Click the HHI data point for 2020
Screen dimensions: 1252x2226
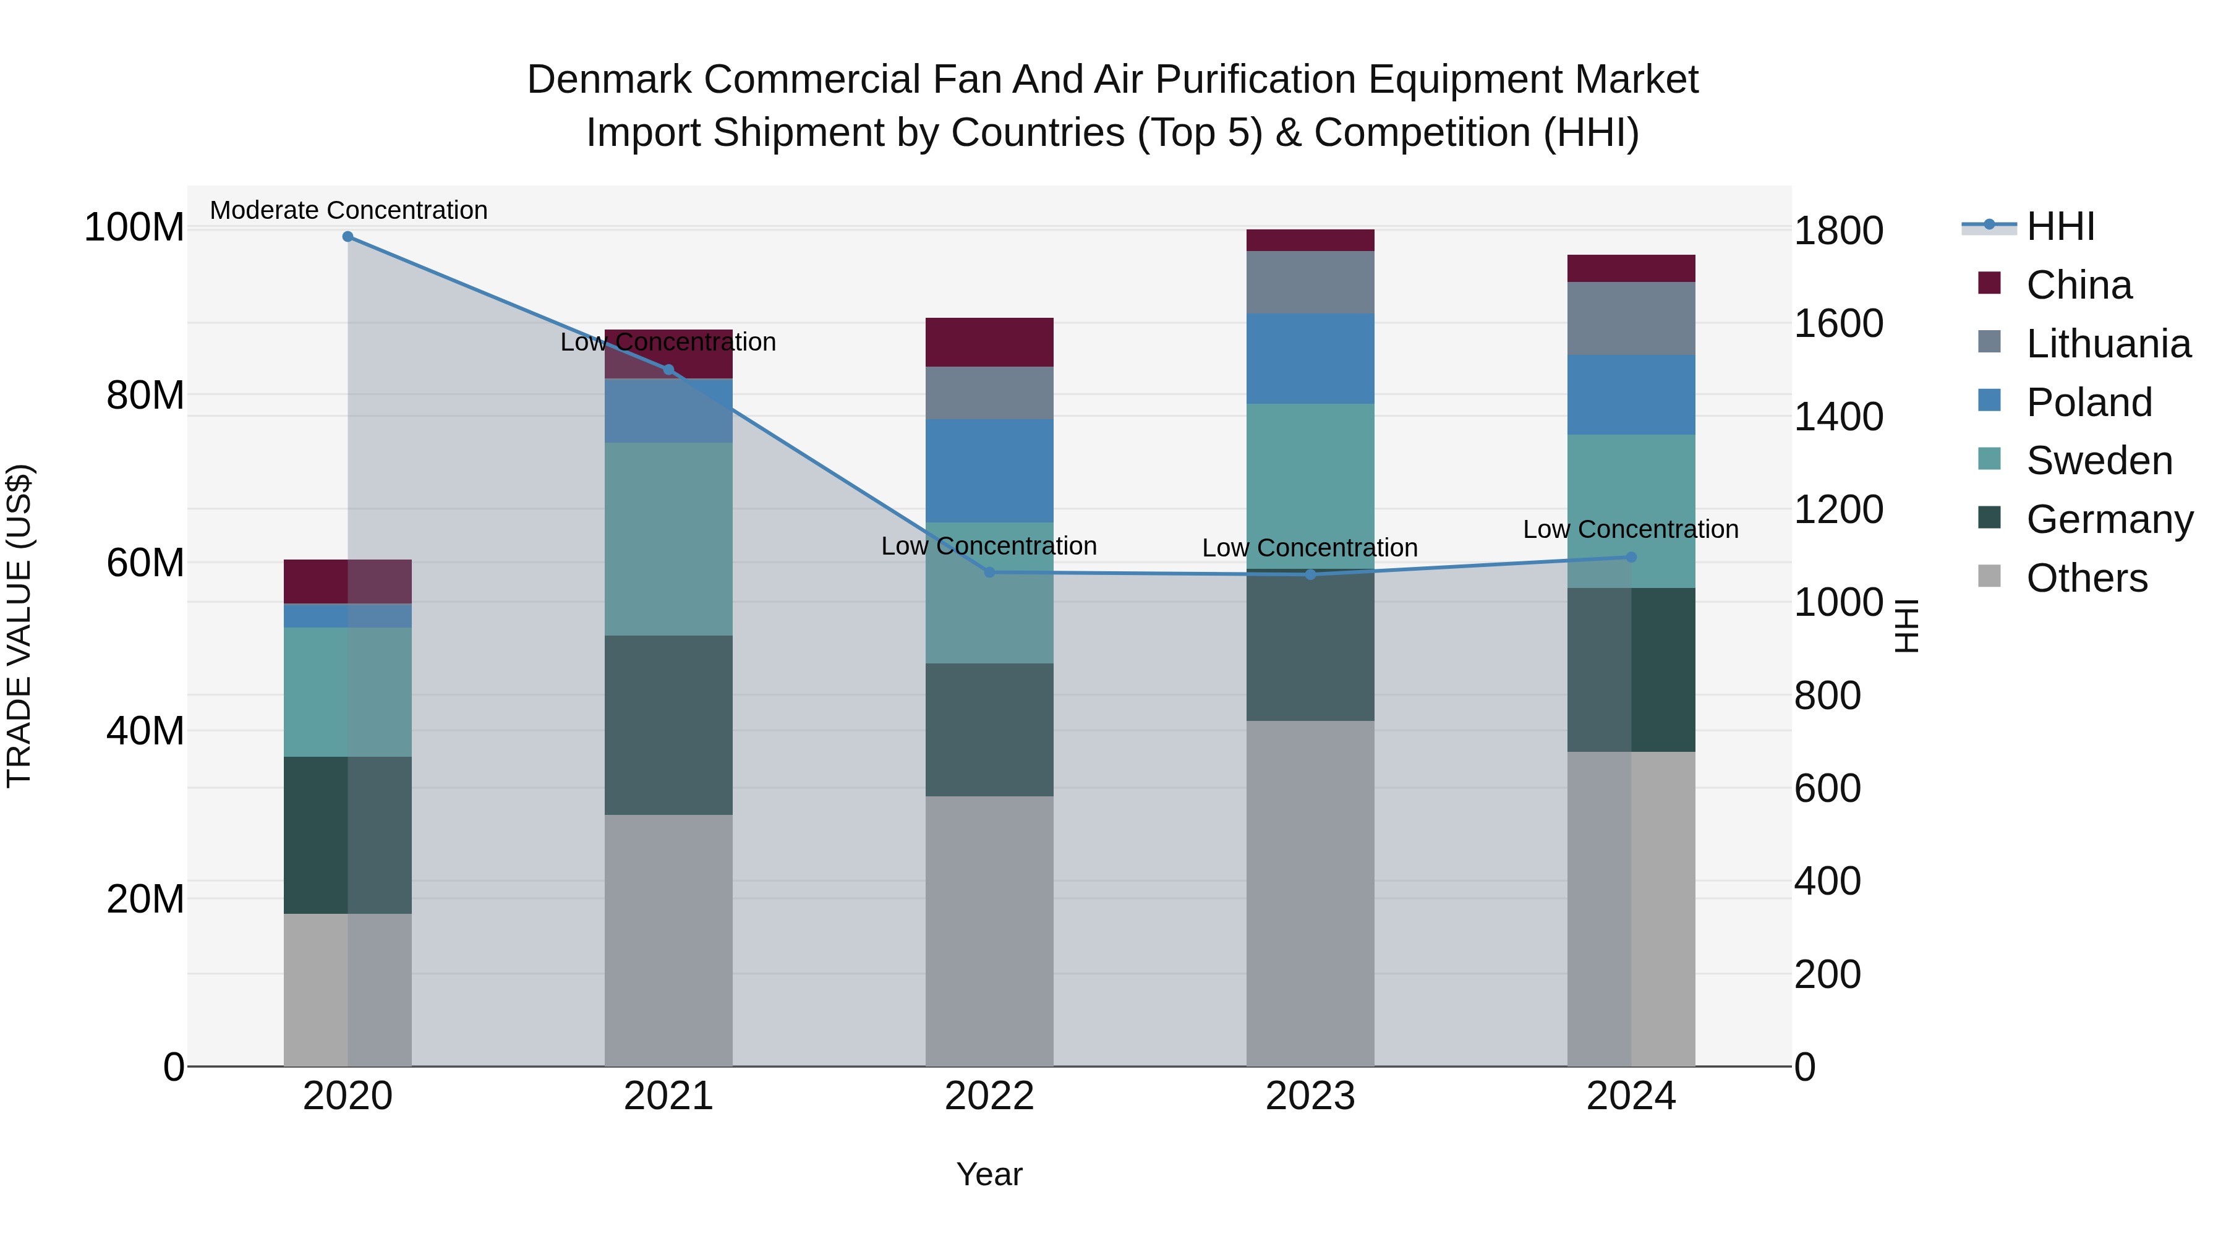348,237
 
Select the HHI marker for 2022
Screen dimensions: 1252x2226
989,572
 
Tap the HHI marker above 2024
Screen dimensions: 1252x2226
1631,557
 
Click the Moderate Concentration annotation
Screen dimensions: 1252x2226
348,210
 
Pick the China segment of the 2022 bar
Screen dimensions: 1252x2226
989,342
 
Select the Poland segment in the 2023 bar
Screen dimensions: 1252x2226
1310,359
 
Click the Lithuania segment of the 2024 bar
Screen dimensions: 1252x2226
1631,318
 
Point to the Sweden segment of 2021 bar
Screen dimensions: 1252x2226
668,539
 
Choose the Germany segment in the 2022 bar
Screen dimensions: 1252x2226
989,730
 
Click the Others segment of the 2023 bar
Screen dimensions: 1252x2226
1310,893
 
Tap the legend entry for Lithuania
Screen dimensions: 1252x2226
2109,344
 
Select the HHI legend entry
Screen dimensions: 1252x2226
2060,226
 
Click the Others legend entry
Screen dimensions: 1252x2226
2086,578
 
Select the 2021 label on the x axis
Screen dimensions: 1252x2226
668,1096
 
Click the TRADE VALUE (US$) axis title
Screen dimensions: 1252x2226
19,626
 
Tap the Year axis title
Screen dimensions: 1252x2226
989,1174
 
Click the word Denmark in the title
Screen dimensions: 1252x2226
609,80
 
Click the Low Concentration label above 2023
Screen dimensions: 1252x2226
1310,548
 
